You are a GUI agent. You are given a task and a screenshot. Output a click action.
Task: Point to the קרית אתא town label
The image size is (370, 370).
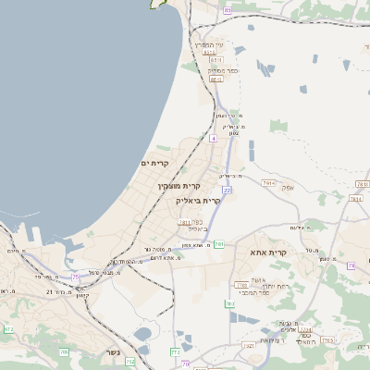pos(269,251)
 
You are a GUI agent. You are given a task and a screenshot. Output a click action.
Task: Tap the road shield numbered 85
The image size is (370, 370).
pos(228,9)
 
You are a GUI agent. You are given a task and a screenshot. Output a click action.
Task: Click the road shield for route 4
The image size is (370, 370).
pos(212,138)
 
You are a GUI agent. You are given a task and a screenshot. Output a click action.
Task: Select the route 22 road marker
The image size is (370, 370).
pos(226,190)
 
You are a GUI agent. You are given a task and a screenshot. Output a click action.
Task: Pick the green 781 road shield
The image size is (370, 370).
pos(219,244)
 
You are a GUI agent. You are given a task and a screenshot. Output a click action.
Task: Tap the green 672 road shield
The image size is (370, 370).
pos(8,328)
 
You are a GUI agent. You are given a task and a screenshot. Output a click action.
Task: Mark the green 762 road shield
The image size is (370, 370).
pos(130,361)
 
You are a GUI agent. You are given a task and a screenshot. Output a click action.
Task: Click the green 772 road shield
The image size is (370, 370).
pos(175,351)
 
